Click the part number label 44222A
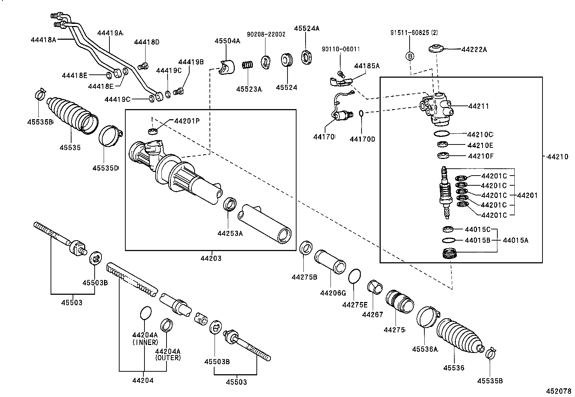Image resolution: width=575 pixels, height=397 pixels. pyautogui.click(x=474, y=50)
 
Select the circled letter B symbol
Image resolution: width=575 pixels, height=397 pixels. pyautogui.click(x=410, y=56)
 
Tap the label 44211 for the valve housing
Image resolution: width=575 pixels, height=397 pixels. pyautogui.click(x=479, y=106)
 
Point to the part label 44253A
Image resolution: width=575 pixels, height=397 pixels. pyautogui.click(x=230, y=233)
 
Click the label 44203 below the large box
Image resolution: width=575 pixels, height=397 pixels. pyautogui.click(x=211, y=258)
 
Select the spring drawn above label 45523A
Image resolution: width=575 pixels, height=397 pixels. pyautogui.click(x=247, y=65)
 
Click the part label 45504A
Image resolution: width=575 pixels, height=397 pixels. pyautogui.click(x=227, y=41)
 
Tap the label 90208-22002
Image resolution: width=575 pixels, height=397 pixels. pyautogui.click(x=266, y=34)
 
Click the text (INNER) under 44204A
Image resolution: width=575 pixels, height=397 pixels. pyautogui.click(x=145, y=342)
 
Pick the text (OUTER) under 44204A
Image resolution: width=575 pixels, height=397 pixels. pyautogui.click(x=168, y=358)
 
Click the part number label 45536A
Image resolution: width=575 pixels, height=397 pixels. pyautogui.click(x=425, y=349)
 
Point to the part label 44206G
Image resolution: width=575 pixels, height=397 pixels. pyautogui.click(x=333, y=293)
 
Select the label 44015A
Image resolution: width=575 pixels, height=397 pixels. pyautogui.click(x=515, y=240)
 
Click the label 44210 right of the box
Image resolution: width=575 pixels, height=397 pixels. pyautogui.click(x=557, y=157)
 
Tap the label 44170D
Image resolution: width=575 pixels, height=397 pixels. pyautogui.click(x=362, y=139)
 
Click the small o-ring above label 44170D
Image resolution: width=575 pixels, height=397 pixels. pyautogui.click(x=361, y=113)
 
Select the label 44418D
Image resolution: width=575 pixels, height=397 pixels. pyautogui.click(x=147, y=42)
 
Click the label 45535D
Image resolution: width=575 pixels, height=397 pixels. pyautogui.click(x=105, y=168)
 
